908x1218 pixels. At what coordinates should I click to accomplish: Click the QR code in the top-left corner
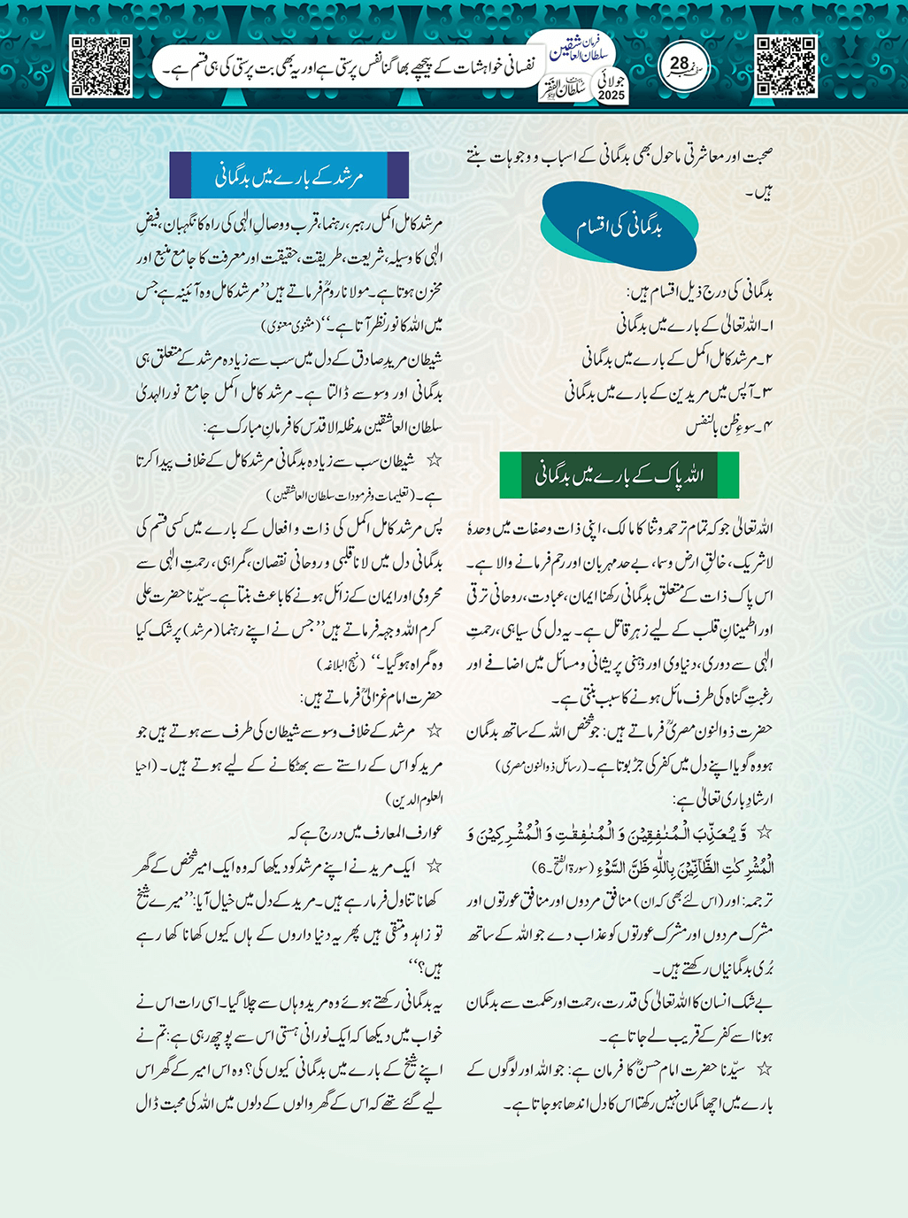click(101, 66)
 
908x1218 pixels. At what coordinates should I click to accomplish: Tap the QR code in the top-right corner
click(786, 66)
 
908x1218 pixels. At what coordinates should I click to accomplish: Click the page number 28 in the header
click(680, 65)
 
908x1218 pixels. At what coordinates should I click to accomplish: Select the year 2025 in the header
click(612, 96)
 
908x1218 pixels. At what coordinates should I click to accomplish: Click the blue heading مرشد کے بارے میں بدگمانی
click(289, 175)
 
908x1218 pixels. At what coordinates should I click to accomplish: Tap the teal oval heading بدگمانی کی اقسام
click(619, 227)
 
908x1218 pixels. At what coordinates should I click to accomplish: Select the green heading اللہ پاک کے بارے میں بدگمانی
click(619, 475)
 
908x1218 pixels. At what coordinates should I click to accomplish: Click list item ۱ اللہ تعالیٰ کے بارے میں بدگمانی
click(695, 326)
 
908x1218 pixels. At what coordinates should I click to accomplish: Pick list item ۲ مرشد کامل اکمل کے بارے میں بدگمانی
click(678, 359)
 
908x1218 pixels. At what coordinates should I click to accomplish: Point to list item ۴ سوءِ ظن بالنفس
click(730, 427)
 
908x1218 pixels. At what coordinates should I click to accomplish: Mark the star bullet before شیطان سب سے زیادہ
click(435, 461)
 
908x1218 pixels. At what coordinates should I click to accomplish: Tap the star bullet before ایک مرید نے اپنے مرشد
click(435, 867)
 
